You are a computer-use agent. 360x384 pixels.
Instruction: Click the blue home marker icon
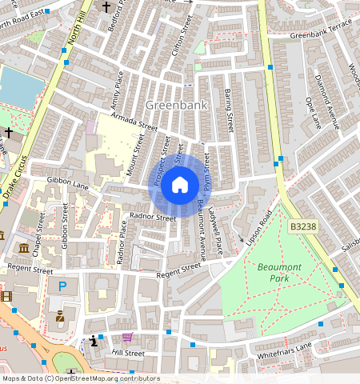pos(180,186)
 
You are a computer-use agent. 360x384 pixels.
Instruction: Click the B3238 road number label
pos(302,227)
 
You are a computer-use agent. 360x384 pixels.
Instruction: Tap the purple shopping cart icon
pos(127,338)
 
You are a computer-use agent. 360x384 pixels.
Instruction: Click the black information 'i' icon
pos(95,340)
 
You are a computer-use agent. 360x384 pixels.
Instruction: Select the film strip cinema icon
pos(6,297)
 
